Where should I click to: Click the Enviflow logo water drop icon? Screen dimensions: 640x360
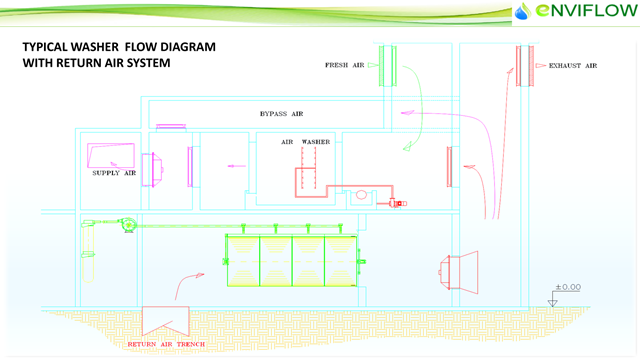522,11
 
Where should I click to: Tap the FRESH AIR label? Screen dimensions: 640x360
344,65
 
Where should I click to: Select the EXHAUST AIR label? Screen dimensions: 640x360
573,65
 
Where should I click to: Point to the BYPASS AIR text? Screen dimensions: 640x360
281,113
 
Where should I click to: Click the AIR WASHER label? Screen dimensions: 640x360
305,142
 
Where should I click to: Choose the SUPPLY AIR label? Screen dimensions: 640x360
114,173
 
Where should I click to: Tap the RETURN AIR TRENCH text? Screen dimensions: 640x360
166,344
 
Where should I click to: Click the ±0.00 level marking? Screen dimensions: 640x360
568,287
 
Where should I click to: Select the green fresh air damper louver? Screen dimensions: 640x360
387,66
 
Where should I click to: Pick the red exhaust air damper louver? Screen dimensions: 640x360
525,66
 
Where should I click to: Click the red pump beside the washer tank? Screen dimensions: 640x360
396,203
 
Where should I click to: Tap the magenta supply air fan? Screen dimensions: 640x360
153,170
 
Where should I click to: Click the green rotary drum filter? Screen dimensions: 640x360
292,260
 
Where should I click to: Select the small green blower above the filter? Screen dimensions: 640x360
128,224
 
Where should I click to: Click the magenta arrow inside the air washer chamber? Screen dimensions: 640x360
236,166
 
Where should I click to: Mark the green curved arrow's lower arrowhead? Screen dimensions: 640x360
407,147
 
